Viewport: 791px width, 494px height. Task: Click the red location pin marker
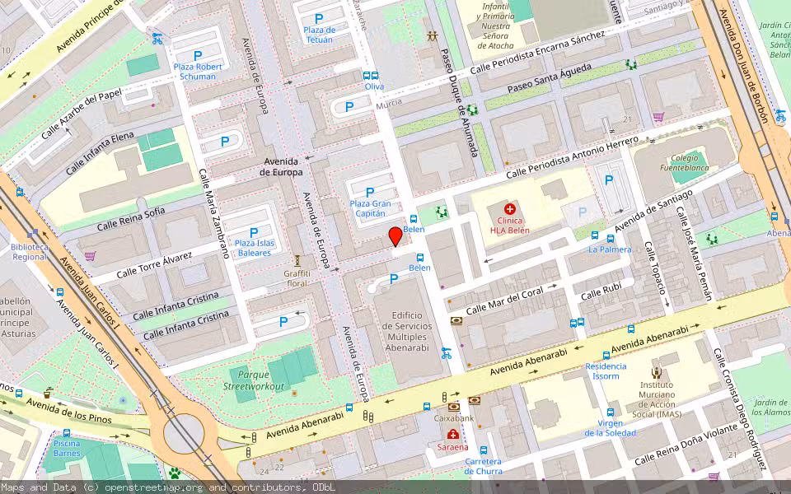[395, 236]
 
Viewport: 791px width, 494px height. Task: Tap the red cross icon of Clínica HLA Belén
[510, 210]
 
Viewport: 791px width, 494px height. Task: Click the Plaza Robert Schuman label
[198, 71]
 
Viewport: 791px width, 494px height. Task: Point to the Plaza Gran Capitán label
[370, 208]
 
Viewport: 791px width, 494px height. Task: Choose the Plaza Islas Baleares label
[253, 248]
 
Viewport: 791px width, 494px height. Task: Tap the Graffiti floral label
[297, 278]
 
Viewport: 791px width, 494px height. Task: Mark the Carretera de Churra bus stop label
[483, 466]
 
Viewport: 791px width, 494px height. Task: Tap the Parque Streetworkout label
[253, 380]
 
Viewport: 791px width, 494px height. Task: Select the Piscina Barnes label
[67, 448]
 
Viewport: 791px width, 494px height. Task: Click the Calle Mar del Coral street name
[505, 300]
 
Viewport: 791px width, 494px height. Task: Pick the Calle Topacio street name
[655, 268]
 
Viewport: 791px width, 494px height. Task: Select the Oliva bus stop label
[374, 86]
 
